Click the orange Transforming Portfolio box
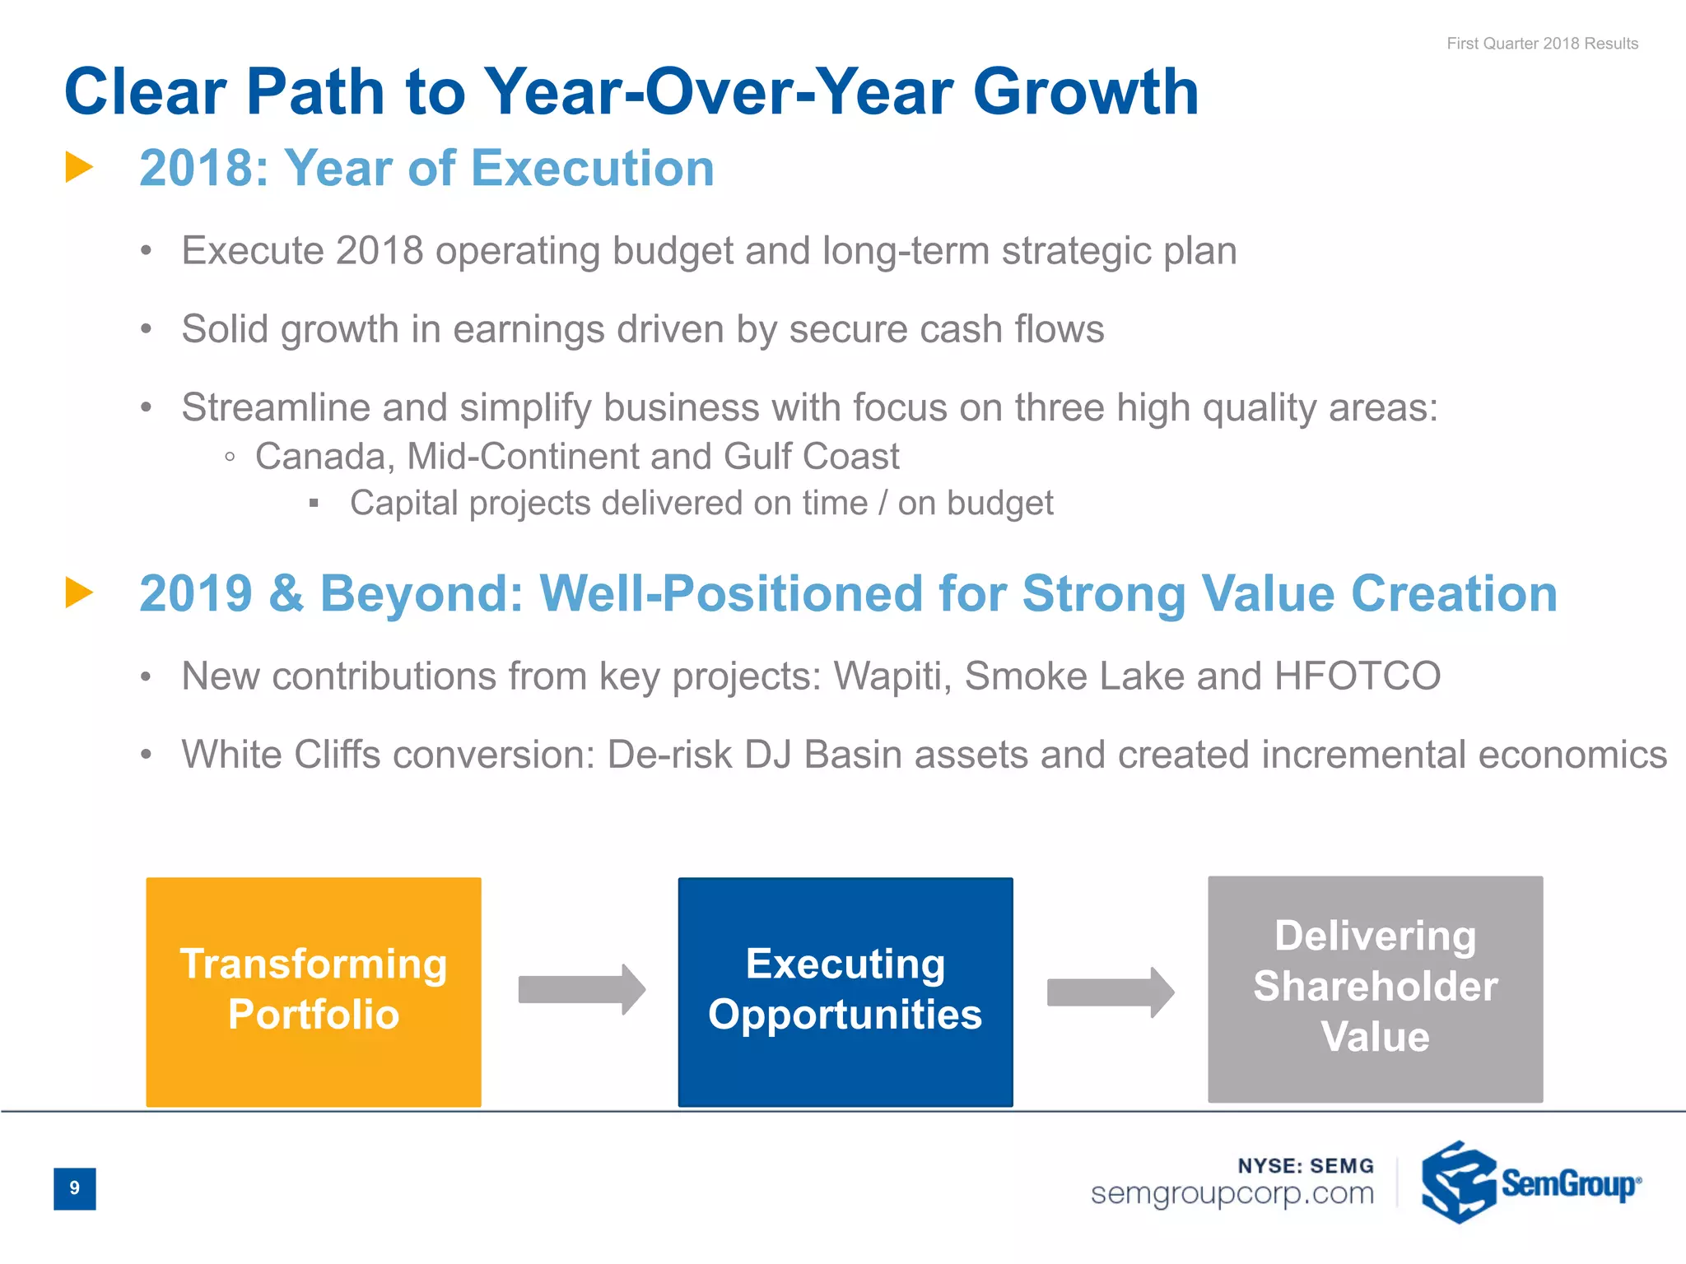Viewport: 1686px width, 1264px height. (x=314, y=992)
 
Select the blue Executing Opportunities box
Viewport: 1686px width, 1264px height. (x=845, y=992)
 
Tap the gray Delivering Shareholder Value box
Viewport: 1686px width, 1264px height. (x=1375, y=988)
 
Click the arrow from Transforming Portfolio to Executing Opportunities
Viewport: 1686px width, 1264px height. (x=581, y=989)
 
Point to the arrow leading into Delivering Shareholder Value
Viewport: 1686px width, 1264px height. (x=1110, y=992)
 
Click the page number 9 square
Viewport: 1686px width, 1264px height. (x=75, y=1188)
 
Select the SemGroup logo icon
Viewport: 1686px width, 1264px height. (x=1458, y=1183)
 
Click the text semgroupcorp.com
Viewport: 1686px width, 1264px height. (x=1232, y=1193)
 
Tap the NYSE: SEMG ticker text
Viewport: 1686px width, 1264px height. (x=1306, y=1165)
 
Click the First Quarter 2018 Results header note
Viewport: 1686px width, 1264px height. (x=1542, y=44)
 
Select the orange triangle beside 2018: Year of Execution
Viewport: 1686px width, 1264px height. (x=79, y=167)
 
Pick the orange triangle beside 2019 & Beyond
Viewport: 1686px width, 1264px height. (x=79, y=592)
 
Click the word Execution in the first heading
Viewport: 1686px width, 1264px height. (x=593, y=169)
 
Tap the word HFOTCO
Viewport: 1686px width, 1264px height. (x=1358, y=676)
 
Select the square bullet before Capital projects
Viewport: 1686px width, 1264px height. (x=314, y=504)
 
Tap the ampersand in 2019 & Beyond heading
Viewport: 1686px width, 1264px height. (x=286, y=594)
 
